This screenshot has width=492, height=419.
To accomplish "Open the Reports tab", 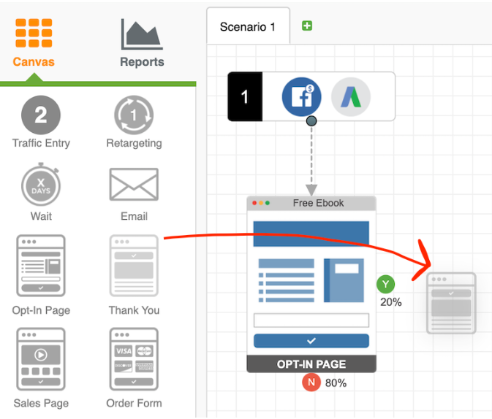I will click(142, 35).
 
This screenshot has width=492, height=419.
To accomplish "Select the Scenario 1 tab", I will click(248, 27).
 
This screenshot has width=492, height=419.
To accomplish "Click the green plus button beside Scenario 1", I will click(307, 26).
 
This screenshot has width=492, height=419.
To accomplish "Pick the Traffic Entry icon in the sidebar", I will click(41, 115).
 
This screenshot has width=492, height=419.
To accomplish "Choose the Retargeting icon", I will click(134, 115).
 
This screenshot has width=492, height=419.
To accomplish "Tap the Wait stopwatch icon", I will click(41, 185).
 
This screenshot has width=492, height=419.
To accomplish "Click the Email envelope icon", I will click(134, 184).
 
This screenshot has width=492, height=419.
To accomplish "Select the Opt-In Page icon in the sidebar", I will click(41, 265).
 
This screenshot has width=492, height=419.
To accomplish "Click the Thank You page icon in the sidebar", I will click(134, 265).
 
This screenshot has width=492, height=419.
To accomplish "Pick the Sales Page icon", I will click(41, 358).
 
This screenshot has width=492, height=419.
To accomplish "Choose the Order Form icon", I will click(134, 358).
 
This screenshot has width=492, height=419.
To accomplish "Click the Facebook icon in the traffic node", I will click(301, 96).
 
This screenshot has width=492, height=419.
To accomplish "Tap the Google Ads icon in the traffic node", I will click(351, 96).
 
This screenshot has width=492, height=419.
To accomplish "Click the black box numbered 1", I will click(245, 96).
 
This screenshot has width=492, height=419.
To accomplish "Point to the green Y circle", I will click(386, 285).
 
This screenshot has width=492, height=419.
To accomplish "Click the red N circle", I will click(312, 383).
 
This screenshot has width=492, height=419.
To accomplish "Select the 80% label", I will click(336, 383).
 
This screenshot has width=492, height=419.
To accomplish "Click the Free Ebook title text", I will click(318, 203).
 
